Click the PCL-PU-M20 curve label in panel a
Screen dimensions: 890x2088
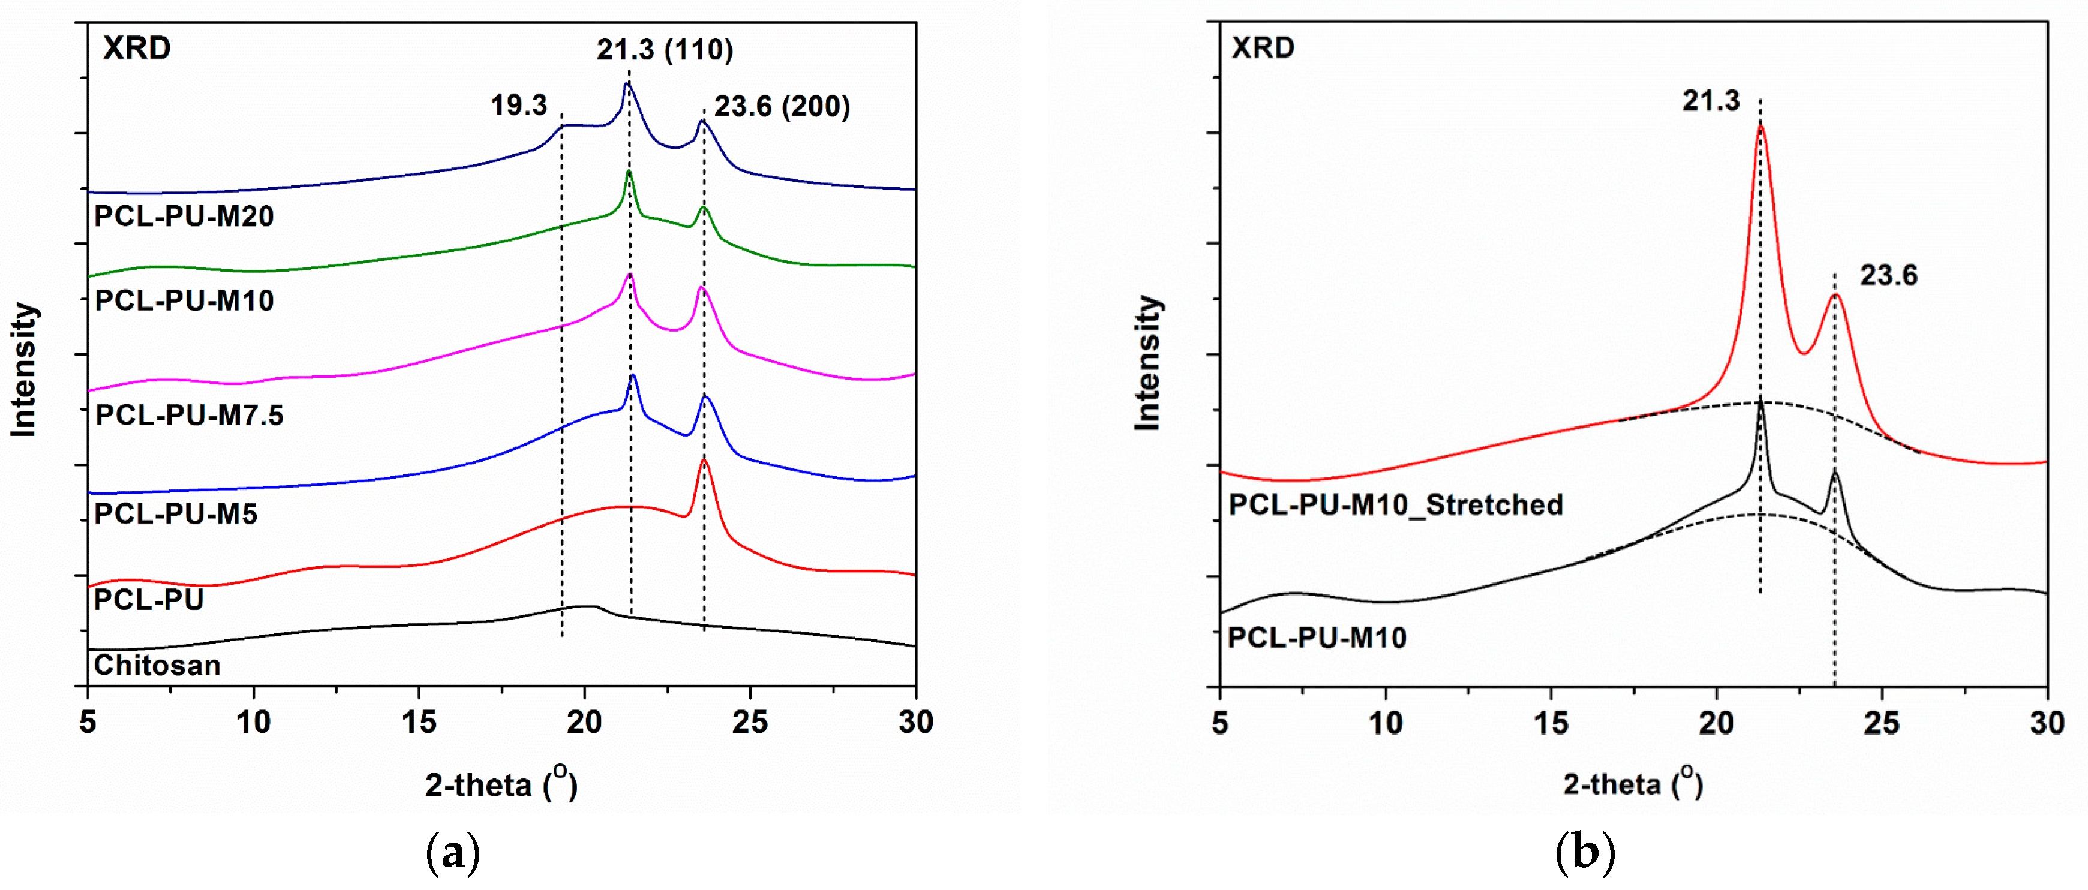pos(184,217)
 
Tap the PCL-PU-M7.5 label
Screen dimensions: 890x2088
pos(189,415)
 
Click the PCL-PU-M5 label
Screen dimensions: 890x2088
pos(175,514)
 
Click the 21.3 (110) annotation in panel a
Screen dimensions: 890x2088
pos(665,50)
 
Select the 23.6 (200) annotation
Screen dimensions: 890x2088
pos(782,106)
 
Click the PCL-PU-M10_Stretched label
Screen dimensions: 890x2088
pos(1395,505)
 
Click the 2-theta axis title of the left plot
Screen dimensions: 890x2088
pos(501,784)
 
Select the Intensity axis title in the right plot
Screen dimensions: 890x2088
pos(1147,362)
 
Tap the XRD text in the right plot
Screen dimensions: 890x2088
pos(1262,48)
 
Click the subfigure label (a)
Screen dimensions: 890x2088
pos(452,853)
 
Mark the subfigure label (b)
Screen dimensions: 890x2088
pos(1585,853)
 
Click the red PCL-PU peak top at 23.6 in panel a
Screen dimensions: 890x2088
pos(704,461)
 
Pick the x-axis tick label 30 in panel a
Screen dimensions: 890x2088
pos(915,722)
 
